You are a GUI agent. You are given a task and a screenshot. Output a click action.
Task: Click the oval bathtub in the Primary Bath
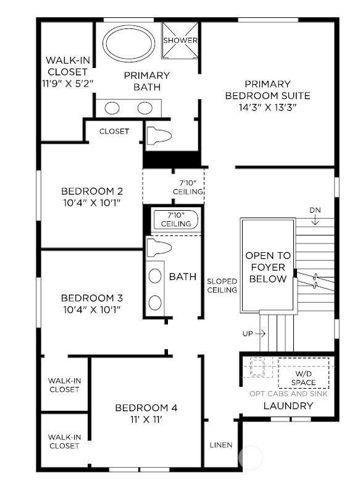[128, 44]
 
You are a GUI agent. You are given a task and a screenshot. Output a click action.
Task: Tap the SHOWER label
[180, 40]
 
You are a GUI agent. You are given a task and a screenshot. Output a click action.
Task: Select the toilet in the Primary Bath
[159, 135]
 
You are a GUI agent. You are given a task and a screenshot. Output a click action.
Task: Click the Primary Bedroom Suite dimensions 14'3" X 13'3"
[267, 108]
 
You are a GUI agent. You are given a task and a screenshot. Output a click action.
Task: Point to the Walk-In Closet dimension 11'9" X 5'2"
[67, 83]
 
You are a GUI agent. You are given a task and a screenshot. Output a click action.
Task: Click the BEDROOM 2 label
[92, 191]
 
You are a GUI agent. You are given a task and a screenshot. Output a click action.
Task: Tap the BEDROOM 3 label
[92, 298]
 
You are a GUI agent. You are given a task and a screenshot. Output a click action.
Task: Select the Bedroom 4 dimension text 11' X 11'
[146, 420]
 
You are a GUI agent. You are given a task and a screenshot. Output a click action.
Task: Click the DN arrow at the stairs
[315, 220]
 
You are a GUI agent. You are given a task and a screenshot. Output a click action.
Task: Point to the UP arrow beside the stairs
[261, 334]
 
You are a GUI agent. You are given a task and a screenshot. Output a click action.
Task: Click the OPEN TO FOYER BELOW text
[268, 267]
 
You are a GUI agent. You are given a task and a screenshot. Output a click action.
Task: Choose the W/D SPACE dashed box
[304, 373]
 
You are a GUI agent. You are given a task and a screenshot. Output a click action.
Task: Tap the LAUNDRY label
[288, 405]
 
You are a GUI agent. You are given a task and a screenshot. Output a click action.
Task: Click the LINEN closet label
[221, 445]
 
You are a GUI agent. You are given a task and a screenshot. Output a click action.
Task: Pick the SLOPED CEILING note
[222, 286]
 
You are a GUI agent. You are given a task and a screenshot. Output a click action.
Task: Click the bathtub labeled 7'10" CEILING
[176, 220]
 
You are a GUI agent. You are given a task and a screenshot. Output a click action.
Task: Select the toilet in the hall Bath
[159, 248]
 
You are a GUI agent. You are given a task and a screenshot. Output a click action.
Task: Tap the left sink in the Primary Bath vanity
[112, 108]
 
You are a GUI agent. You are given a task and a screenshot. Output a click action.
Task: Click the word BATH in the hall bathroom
[183, 277]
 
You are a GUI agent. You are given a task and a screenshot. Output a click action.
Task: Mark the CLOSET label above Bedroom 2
[114, 132]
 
